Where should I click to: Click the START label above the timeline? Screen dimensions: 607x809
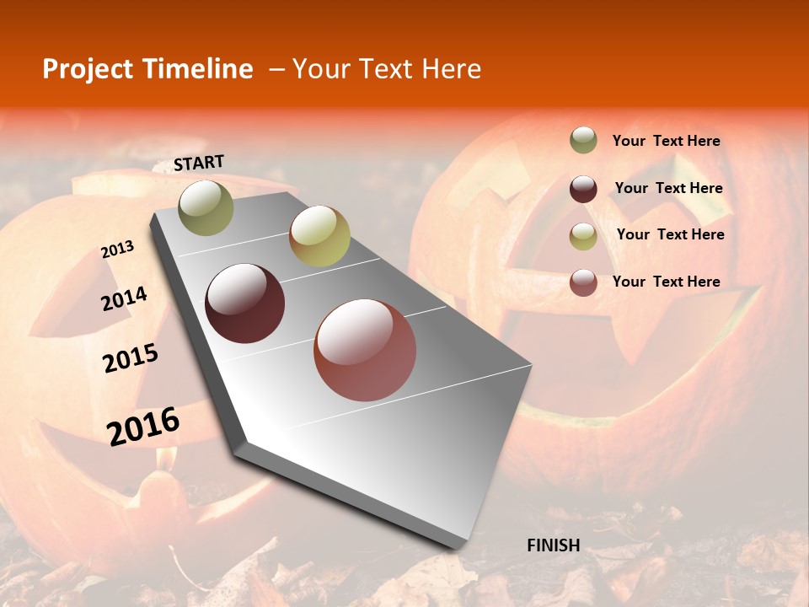point(199,163)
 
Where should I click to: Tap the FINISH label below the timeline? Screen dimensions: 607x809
point(554,545)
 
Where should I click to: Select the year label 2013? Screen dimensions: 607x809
point(118,250)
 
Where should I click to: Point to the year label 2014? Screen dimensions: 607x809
point(125,299)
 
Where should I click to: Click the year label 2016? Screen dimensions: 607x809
point(143,426)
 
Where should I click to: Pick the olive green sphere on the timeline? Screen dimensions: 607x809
point(206,207)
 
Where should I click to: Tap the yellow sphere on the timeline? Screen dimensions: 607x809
point(319,236)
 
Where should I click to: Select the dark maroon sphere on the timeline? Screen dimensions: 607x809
point(245,303)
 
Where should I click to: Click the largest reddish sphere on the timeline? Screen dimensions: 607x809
point(365,350)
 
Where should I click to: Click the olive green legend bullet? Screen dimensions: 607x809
point(583,141)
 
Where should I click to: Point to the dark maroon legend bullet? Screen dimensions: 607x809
point(583,189)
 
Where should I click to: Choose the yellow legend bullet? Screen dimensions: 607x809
point(583,235)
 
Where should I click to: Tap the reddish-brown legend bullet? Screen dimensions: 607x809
point(583,282)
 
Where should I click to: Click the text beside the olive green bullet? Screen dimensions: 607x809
point(667,142)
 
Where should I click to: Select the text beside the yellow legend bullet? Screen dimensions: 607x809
point(671,234)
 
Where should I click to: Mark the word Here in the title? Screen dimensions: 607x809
point(451,69)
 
